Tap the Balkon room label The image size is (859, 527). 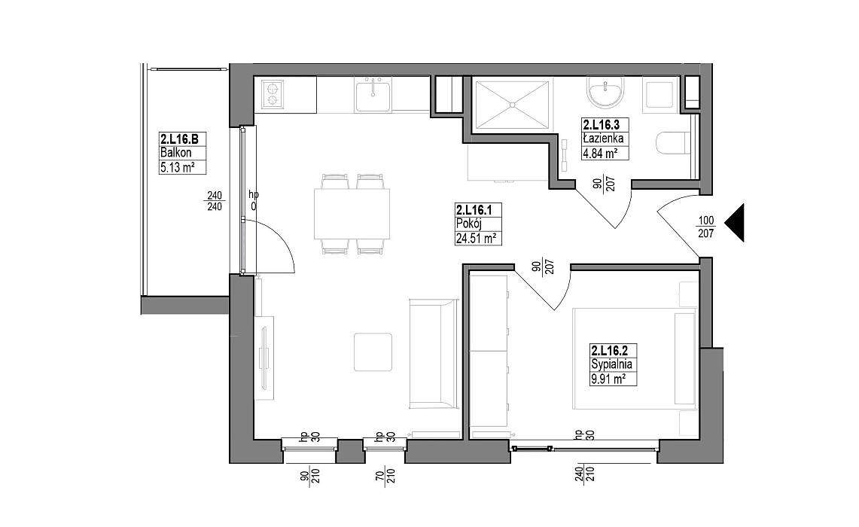pos(175,153)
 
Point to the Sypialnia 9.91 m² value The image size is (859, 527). pos(608,379)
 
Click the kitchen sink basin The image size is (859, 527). pos(373,96)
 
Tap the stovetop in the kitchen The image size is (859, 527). pos(273,93)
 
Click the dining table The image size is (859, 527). pos(352,214)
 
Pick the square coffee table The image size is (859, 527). pos(373,352)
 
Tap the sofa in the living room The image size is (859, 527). pos(434,354)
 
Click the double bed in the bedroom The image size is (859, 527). pos(635,359)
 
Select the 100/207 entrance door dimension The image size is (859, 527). pos(705,227)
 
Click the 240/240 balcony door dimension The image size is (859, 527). pos(215,200)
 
